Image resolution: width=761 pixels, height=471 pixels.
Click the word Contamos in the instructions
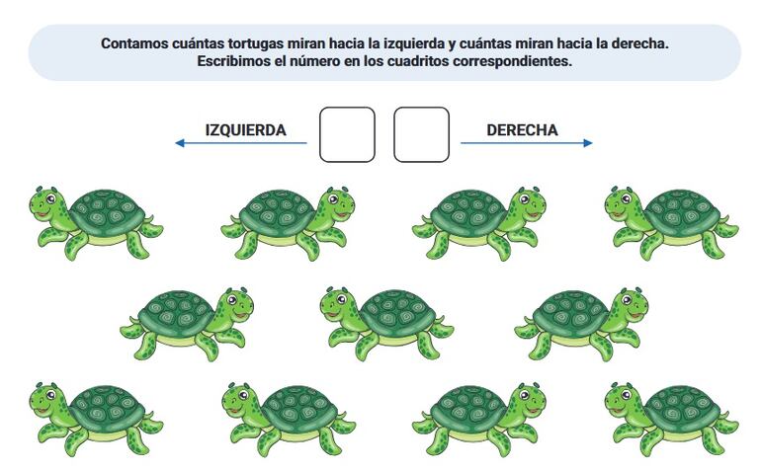134,43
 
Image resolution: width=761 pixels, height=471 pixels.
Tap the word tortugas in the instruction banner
255,43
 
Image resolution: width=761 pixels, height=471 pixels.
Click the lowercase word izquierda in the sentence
413,43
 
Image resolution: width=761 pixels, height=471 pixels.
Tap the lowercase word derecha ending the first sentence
639,43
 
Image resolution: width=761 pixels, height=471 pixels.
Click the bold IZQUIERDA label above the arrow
245,130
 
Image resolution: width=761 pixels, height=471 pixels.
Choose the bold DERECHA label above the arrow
522,130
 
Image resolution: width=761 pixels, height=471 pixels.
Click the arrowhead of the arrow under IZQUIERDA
180,143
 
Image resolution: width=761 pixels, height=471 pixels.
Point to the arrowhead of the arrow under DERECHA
588,143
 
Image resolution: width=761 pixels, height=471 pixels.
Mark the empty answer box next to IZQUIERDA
347,134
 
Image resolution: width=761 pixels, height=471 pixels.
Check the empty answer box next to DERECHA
421,134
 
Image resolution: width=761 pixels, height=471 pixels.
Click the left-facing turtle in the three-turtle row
386,324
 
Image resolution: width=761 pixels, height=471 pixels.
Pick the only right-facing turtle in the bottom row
479,419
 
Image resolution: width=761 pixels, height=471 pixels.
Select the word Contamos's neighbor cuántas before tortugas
198,43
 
